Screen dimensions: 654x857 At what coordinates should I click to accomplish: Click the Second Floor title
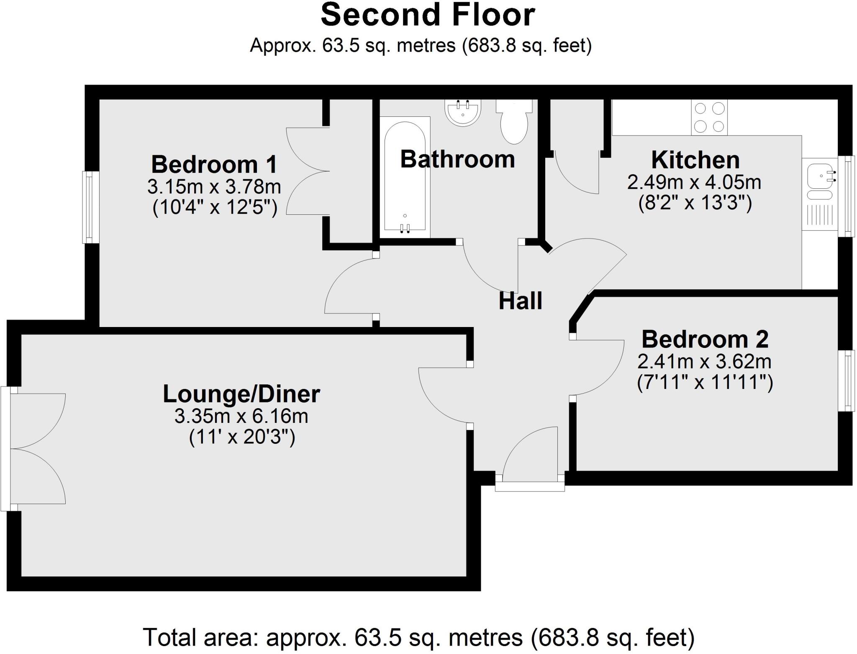click(x=428, y=15)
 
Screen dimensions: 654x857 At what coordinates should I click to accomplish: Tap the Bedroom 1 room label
click(x=214, y=164)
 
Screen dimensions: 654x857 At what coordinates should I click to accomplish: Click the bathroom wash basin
click(x=463, y=112)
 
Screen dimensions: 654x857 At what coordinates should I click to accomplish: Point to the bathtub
click(x=405, y=177)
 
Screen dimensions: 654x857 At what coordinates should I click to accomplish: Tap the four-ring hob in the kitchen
click(x=709, y=117)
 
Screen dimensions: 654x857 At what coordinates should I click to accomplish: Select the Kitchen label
click(x=695, y=160)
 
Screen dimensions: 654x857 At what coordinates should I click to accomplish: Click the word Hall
click(x=520, y=301)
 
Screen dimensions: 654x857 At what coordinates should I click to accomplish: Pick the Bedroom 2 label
click(x=705, y=339)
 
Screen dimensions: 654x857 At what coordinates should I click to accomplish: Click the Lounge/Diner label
click(x=241, y=394)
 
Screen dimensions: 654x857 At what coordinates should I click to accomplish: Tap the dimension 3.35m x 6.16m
click(x=241, y=416)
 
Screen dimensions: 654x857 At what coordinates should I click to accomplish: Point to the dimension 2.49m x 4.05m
click(x=694, y=182)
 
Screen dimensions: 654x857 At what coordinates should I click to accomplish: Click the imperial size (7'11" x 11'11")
click(x=705, y=382)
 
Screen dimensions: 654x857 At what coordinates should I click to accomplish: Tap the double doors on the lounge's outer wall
click(x=38, y=448)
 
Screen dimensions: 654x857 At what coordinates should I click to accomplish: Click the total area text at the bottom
click(x=418, y=637)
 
